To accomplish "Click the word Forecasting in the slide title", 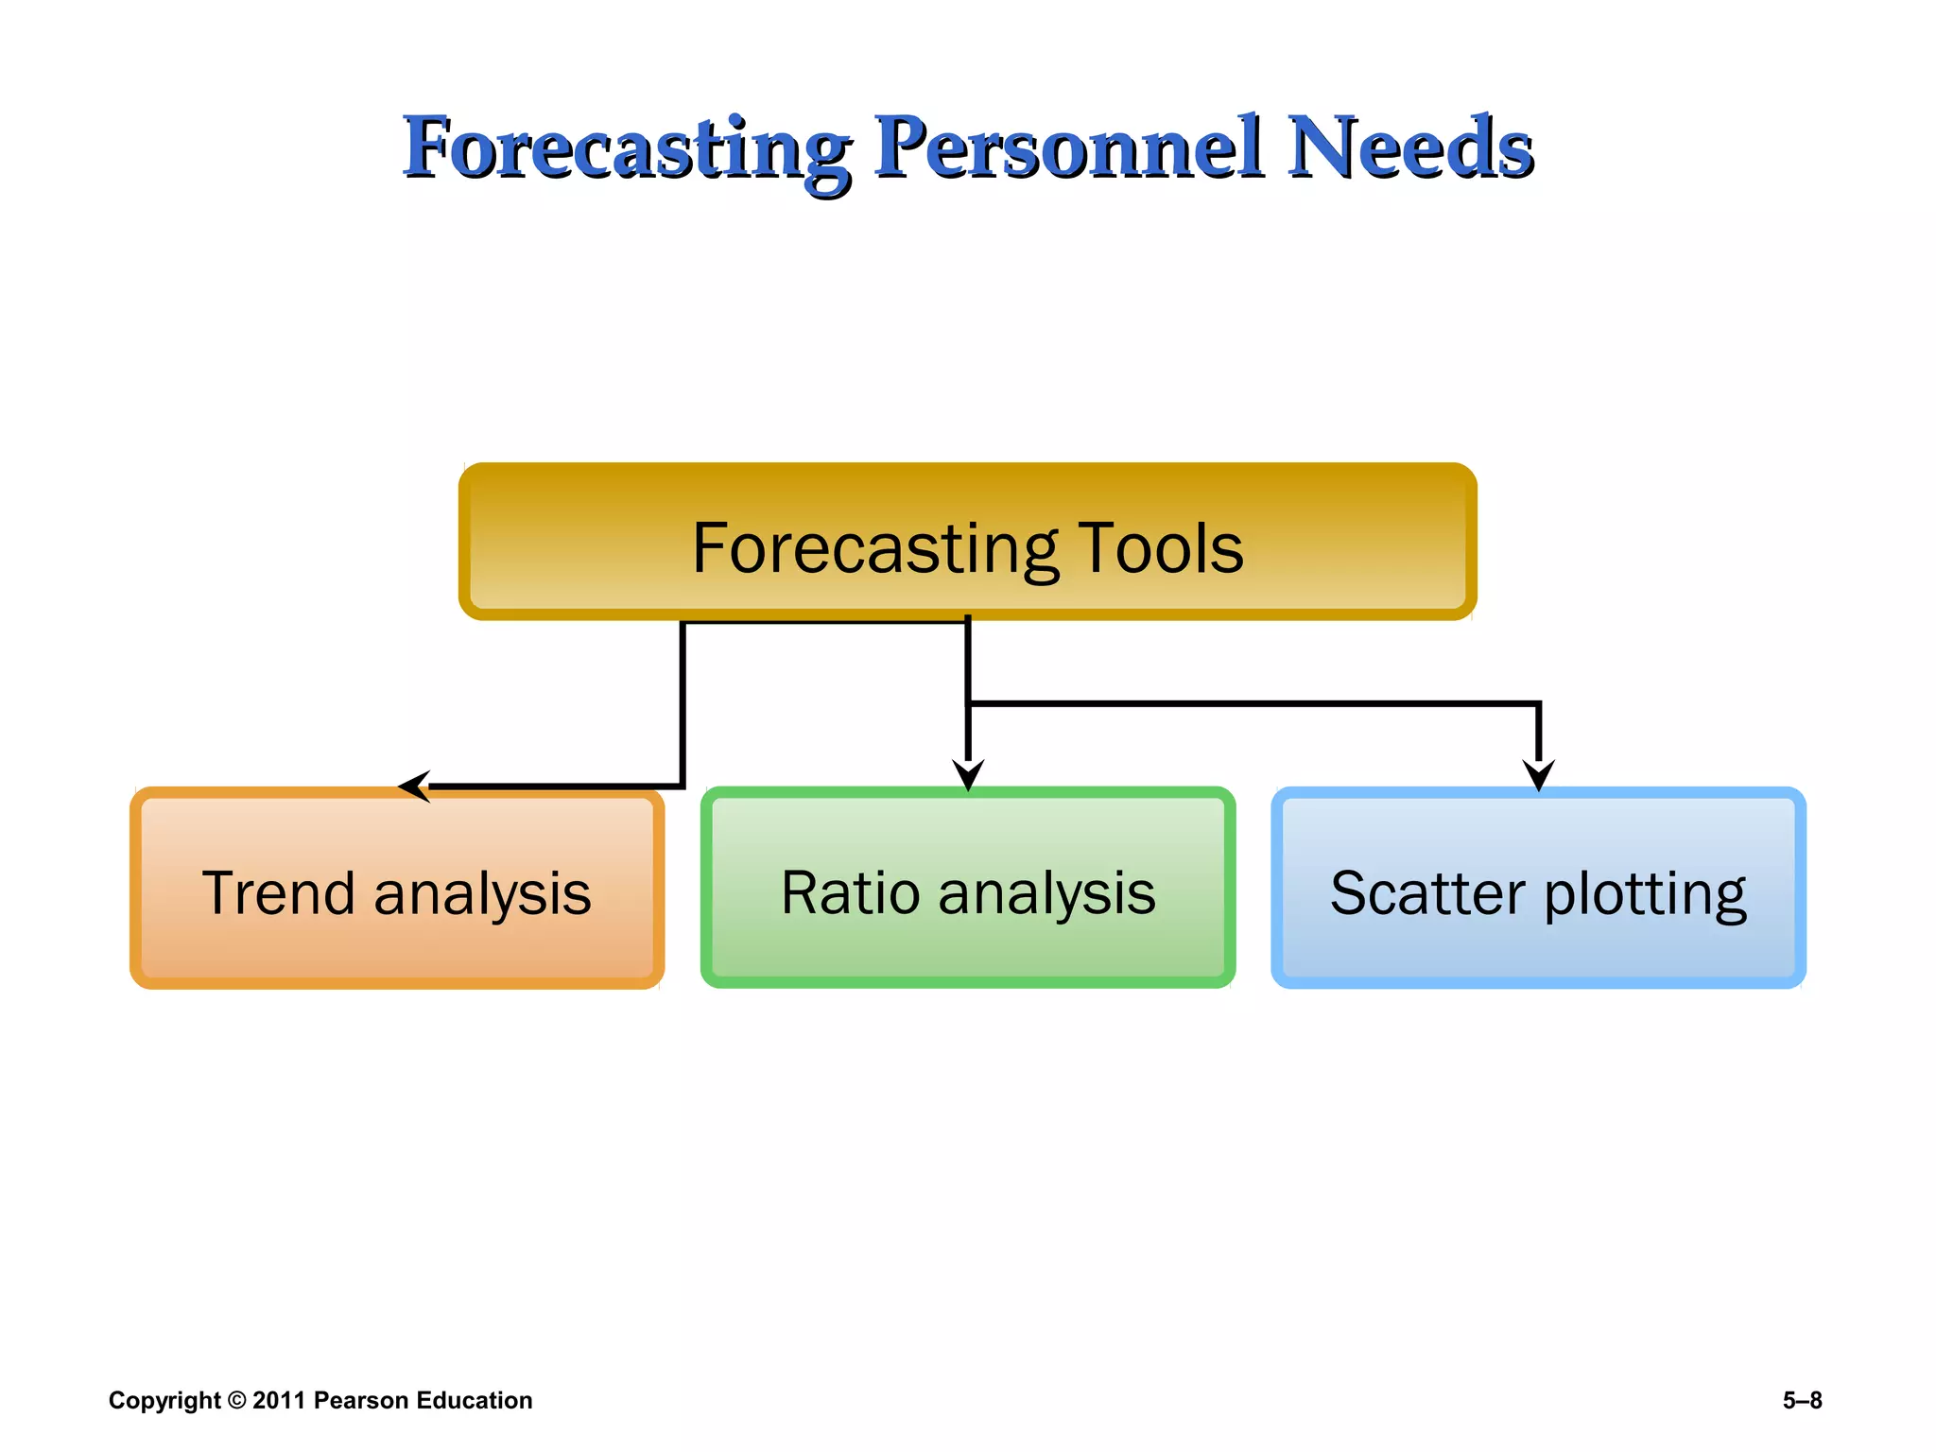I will (626, 148).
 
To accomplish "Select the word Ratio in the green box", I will (850, 893).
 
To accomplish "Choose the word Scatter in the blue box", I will (1427, 893).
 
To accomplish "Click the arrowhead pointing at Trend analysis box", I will (414, 786).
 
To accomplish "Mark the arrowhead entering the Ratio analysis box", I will (968, 774).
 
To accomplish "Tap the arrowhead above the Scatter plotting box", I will (1539, 774).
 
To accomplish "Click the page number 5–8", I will (1802, 1400).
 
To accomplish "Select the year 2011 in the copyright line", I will (279, 1400).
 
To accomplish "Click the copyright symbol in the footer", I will (236, 1400).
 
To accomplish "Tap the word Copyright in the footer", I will (164, 1401).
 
